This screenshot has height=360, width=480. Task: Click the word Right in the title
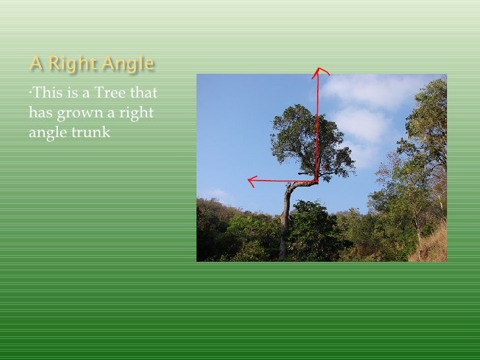70,65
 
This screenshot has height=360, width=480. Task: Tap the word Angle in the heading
129,65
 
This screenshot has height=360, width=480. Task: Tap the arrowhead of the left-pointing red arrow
251,180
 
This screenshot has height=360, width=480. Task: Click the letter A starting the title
36,65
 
